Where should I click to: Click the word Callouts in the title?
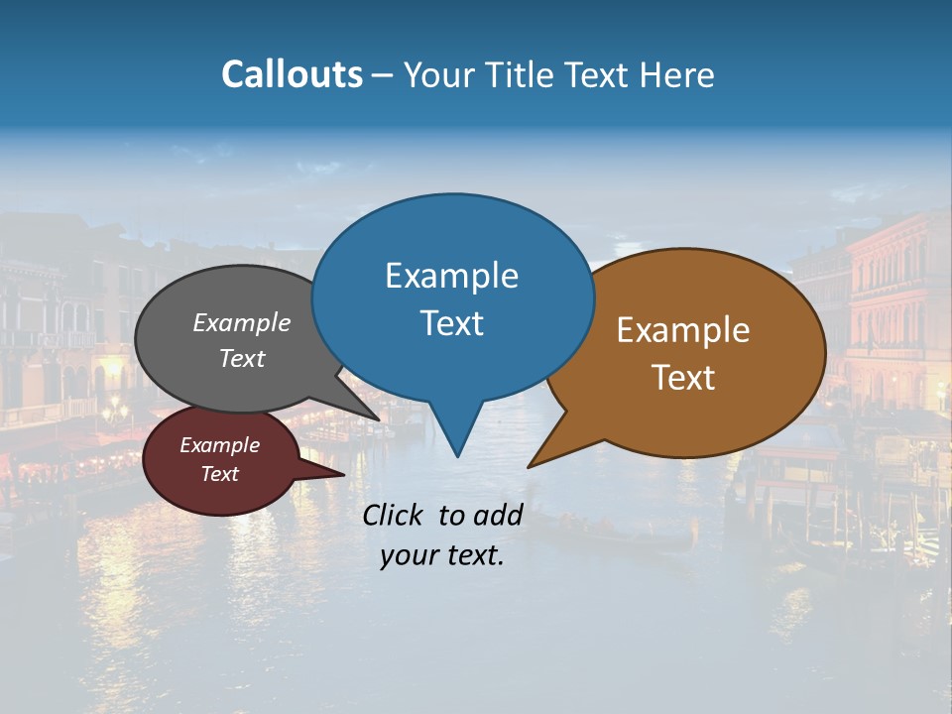(292, 74)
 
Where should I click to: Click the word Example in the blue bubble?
(451, 276)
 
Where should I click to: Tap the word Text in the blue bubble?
(451, 323)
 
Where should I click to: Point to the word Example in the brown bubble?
(683, 330)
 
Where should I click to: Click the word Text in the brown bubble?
(683, 378)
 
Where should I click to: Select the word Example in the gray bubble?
(241, 322)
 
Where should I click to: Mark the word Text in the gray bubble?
(241, 358)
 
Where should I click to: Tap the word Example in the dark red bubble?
(219, 445)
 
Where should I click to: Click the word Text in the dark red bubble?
(219, 474)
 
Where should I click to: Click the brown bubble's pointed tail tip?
(531, 465)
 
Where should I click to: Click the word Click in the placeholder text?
(395, 515)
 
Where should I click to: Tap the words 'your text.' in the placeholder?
(441, 556)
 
